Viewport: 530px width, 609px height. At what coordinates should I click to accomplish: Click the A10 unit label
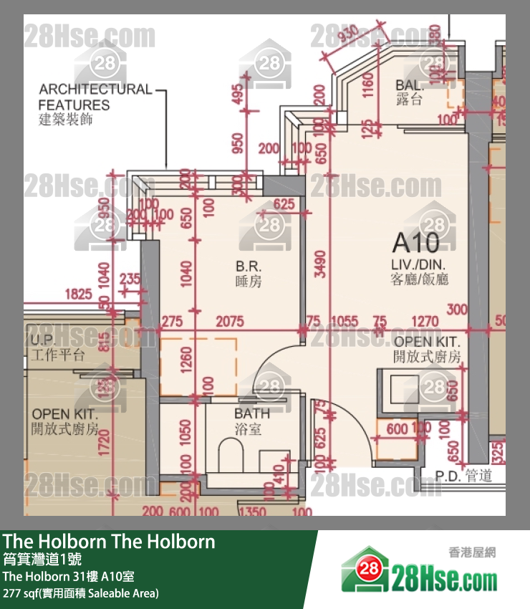click(416, 244)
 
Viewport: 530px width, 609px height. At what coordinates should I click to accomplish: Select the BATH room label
click(252, 413)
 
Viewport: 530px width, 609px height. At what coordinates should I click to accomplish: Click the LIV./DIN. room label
click(420, 263)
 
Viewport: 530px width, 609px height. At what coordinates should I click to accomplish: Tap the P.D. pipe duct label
click(448, 474)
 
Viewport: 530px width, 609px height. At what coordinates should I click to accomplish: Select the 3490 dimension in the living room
click(319, 264)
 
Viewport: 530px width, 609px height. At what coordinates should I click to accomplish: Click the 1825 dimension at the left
click(78, 294)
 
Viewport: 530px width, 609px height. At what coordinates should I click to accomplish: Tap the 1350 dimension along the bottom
click(251, 512)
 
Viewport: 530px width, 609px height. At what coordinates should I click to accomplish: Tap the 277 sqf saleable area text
click(80, 593)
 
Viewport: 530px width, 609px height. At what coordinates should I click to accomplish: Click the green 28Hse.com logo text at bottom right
click(443, 577)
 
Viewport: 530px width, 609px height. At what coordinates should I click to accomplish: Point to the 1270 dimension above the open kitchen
click(427, 322)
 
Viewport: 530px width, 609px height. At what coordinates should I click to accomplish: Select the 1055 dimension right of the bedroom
click(345, 322)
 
